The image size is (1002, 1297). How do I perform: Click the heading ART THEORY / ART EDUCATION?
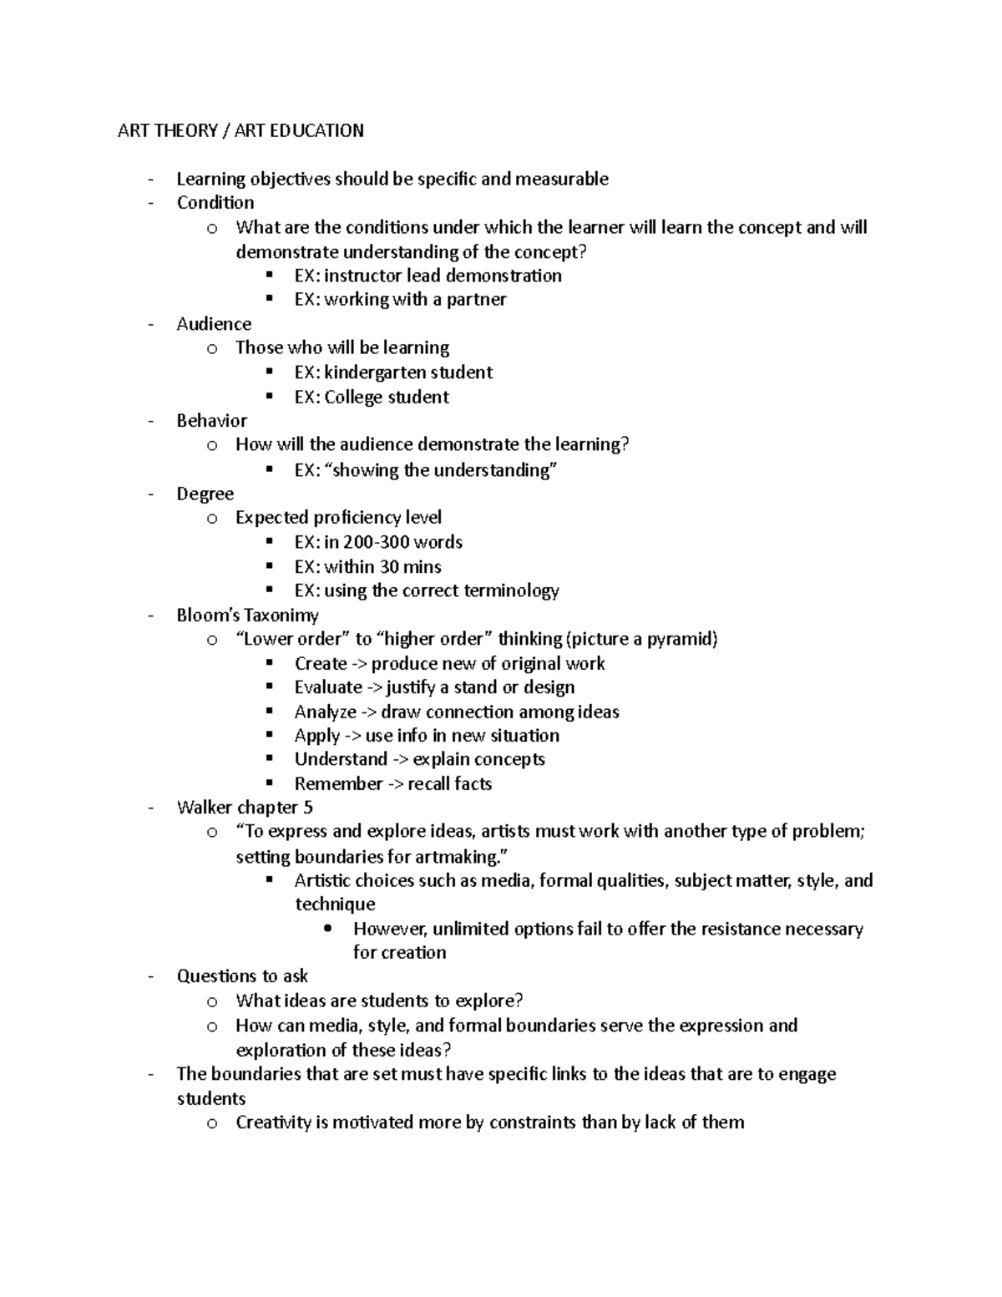240,130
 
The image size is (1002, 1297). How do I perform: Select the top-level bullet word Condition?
215,203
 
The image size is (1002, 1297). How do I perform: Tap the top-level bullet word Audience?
214,324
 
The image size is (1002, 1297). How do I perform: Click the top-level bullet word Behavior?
212,421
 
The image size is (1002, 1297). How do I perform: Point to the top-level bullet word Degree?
205,494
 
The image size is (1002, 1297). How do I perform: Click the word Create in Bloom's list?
321,664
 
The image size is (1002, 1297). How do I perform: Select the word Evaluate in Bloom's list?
328,687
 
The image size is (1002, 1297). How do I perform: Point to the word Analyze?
325,712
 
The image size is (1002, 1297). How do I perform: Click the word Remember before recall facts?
338,784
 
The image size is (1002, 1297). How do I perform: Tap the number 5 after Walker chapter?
308,808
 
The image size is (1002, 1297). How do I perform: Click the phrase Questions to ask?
242,976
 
